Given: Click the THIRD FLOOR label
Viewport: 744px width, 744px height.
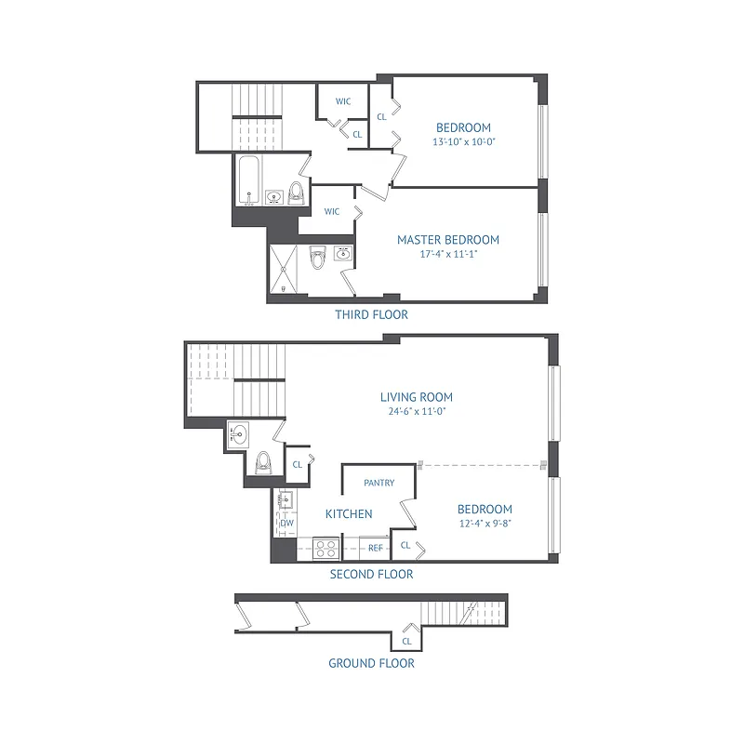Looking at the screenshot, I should point(371,315).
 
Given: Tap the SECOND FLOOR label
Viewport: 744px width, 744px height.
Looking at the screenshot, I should point(371,575).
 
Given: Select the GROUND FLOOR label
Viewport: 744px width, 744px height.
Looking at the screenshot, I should point(371,663).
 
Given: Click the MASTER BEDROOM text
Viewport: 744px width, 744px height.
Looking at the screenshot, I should point(448,240).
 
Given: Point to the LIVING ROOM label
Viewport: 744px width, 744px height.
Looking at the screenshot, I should point(416,397).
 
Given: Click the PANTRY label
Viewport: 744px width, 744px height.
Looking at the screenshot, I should point(379,483).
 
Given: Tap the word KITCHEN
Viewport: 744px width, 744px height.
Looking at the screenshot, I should point(349,514).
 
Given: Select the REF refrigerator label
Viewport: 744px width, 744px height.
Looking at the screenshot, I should point(376,549).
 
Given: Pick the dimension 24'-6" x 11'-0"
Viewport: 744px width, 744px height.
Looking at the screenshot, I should point(416,411).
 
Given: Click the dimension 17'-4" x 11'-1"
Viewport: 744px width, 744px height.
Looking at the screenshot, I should point(448,254).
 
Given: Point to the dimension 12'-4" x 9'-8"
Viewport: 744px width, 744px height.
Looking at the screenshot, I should point(485,524).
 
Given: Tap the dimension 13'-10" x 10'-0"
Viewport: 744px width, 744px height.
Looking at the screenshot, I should point(463,142).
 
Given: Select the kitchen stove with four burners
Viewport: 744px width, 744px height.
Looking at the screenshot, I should point(325,548).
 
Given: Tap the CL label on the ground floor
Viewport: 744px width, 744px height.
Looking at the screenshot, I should point(406,642).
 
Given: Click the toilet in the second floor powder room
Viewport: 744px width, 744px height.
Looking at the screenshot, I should point(262,462).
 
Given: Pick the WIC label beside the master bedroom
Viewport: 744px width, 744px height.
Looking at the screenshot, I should point(332,212).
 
